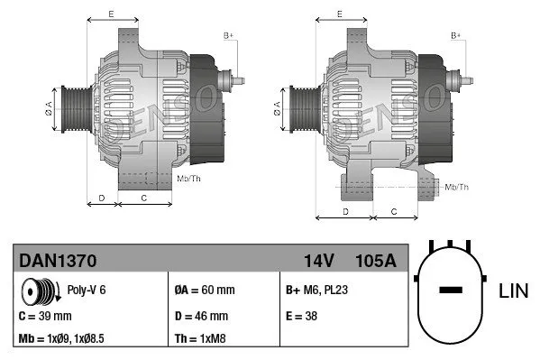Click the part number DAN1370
[x=58, y=260]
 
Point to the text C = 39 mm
[x=45, y=316]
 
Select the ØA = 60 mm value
[x=204, y=291]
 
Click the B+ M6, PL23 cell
[x=317, y=291]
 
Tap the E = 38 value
[x=300, y=316]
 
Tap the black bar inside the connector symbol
[x=451, y=291]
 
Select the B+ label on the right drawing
[x=456, y=35]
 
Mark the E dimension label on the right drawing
[x=338, y=14]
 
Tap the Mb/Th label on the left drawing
[x=188, y=180]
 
